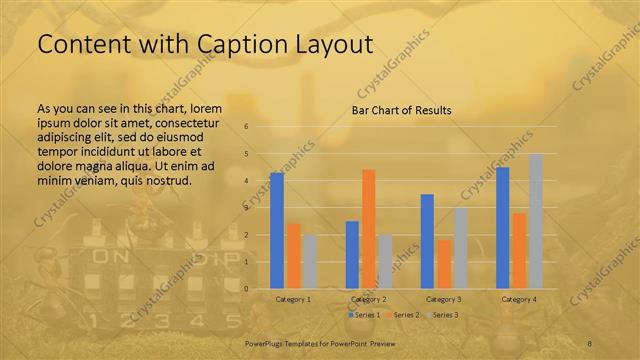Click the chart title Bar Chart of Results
pyautogui.click(x=400, y=110)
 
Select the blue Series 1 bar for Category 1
pyautogui.click(x=277, y=230)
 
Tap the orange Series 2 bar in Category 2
pyautogui.click(x=368, y=228)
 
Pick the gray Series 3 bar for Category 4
pyautogui.click(x=535, y=221)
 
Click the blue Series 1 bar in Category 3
pyautogui.click(x=427, y=241)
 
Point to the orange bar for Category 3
pyautogui.click(x=443, y=264)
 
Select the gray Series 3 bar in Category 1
pyautogui.click(x=309, y=261)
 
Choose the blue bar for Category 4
pyautogui.click(x=503, y=227)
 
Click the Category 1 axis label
pyautogui.click(x=293, y=299)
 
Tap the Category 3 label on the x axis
pyautogui.click(x=443, y=299)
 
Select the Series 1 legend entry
pyautogui.click(x=364, y=315)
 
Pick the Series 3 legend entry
pyautogui.click(x=444, y=315)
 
